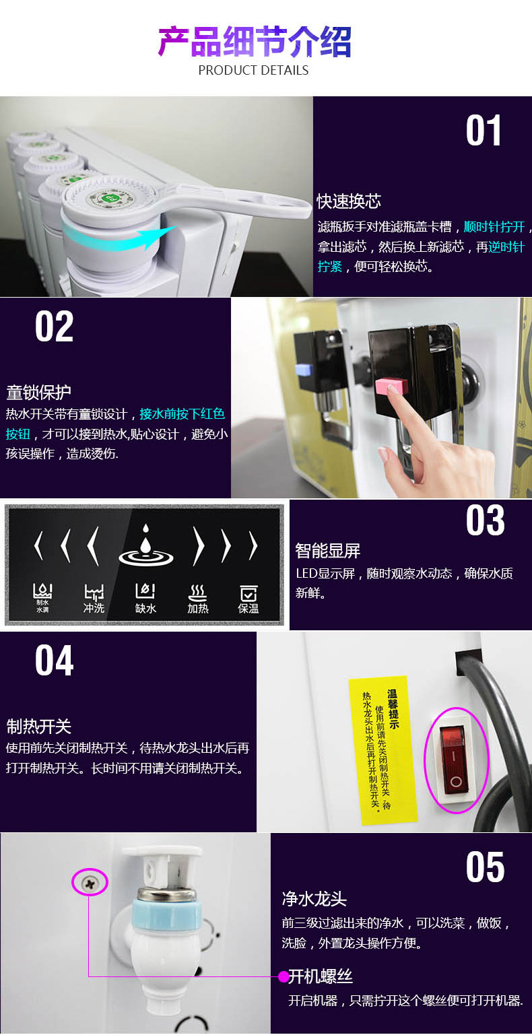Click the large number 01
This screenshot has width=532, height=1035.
[x=484, y=130]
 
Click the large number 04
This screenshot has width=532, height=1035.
[x=54, y=661]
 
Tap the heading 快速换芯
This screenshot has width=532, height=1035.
[x=349, y=201]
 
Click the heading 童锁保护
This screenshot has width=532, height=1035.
[x=38, y=393]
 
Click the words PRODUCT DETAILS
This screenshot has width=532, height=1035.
[x=253, y=70]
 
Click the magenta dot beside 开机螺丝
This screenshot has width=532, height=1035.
[x=284, y=976]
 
